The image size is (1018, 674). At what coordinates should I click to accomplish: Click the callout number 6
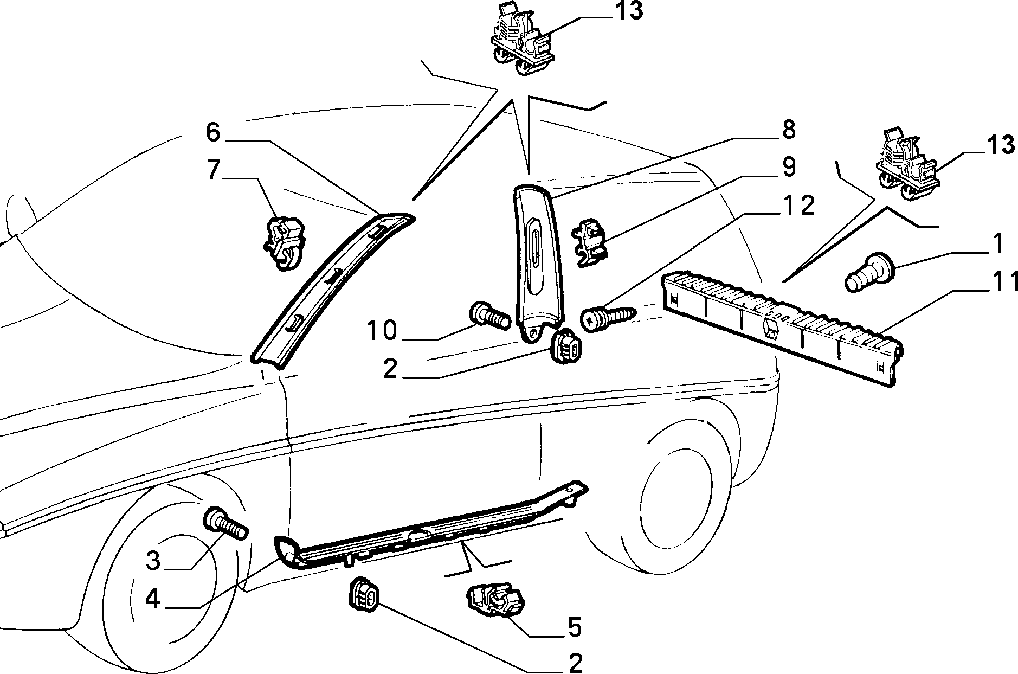[213, 132]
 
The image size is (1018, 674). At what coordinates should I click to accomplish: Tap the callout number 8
[788, 130]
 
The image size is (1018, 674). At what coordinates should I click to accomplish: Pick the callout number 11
[1003, 282]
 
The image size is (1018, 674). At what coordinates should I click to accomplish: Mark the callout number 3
[153, 561]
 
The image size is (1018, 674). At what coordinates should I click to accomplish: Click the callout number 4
[153, 599]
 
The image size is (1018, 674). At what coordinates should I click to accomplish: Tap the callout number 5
[574, 627]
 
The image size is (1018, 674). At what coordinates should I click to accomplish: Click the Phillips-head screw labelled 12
[609, 319]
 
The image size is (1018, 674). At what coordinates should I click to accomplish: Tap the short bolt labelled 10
[489, 316]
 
